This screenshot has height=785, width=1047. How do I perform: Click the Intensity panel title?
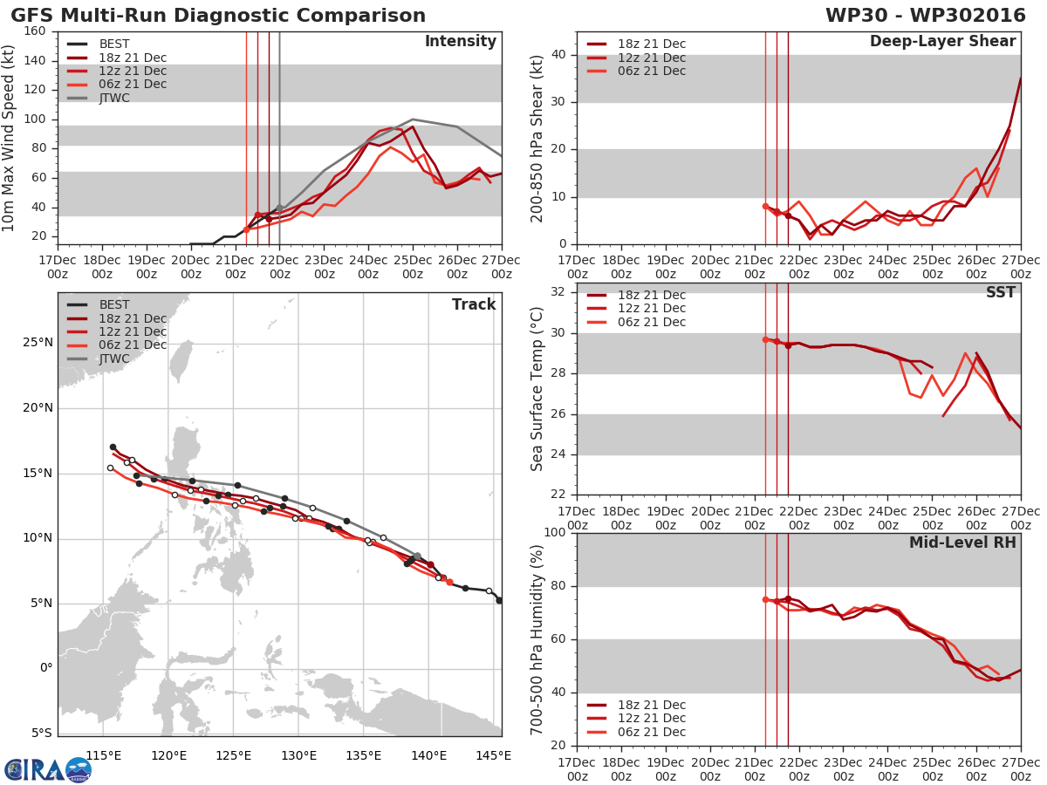[460, 42]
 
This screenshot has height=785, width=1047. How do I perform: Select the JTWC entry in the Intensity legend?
[114, 98]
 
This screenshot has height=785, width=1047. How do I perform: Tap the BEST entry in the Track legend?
[114, 305]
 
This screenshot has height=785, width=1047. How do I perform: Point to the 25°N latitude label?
[37, 342]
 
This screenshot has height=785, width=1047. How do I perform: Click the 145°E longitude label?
[494, 754]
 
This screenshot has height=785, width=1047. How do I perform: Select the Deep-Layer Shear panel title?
[942, 42]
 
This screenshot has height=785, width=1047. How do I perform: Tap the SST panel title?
[1000, 293]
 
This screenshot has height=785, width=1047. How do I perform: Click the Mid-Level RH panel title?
[962, 543]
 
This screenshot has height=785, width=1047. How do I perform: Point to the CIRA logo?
[47, 769]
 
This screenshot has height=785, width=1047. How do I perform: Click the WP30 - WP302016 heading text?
[926, 16]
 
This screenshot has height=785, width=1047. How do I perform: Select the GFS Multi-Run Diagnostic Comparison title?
[218, 16]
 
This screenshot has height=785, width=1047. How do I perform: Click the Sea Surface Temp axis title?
[538, 389]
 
